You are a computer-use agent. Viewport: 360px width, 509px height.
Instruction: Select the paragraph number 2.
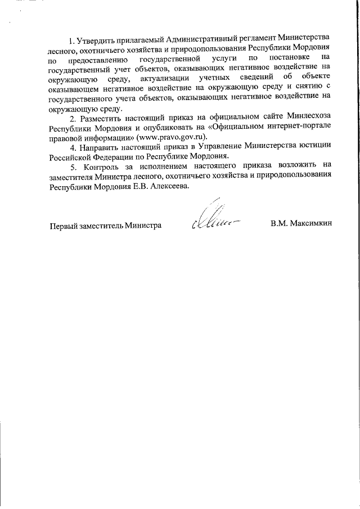pos(72,119)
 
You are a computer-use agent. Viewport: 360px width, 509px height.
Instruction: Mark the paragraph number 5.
pos(72,167)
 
